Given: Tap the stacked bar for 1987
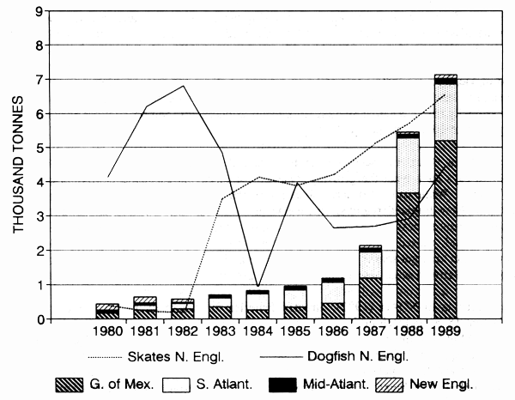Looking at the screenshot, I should (370, 282).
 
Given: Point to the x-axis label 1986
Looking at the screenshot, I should (332, 329).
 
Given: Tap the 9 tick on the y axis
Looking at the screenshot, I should (39, 11).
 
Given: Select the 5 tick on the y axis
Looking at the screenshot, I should (39, 148).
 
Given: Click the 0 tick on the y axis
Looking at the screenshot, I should (39, 319).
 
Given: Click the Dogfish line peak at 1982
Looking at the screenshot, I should (183, 86).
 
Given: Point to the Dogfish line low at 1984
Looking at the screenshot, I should (257, 286).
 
